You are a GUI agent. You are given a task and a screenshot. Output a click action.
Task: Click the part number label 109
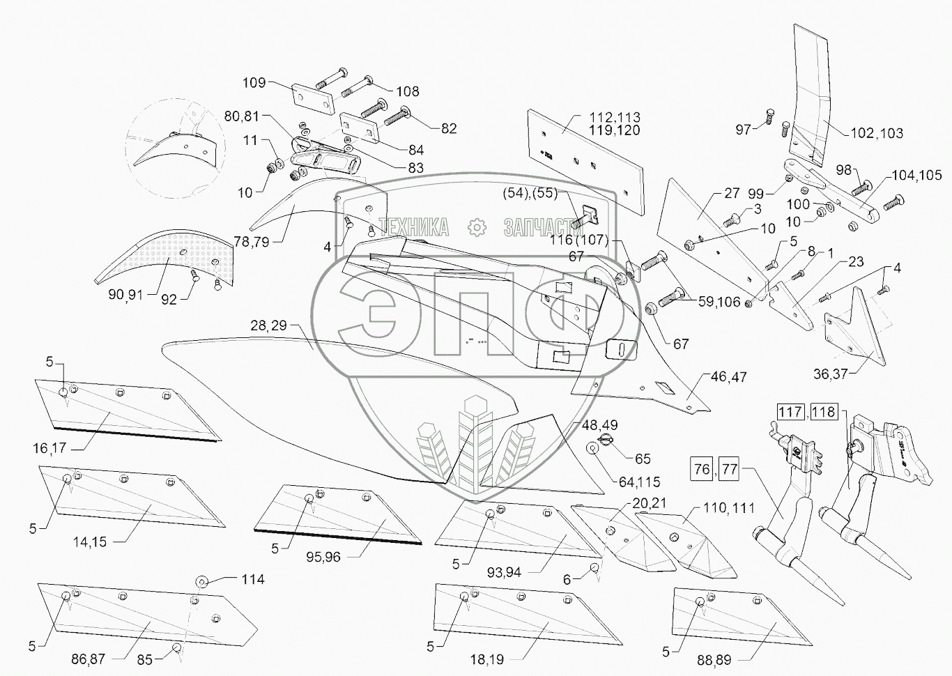pos(254,83)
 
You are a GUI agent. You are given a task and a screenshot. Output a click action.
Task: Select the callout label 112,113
pos(614,117)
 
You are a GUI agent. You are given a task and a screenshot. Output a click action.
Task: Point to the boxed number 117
pos(790,412)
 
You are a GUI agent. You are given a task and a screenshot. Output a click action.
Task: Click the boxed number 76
pos(702,468)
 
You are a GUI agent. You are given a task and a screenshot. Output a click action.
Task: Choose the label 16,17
pos(49,447)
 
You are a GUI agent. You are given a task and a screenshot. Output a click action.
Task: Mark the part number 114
pos(253,579)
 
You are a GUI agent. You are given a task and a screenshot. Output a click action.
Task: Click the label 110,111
pos(728,508)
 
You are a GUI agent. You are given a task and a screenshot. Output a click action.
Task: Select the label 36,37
pos(830,374)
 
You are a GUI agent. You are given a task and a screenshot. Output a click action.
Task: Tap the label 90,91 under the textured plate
pos(125,295)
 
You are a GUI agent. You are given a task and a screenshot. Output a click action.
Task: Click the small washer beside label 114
pos(201,581)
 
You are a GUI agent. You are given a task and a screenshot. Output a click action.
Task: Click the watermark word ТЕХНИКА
pos(413,227)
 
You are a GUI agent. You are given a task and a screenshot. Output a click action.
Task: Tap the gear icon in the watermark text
pos(477,227)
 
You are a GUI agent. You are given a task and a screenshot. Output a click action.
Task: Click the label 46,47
pos(728,377)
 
